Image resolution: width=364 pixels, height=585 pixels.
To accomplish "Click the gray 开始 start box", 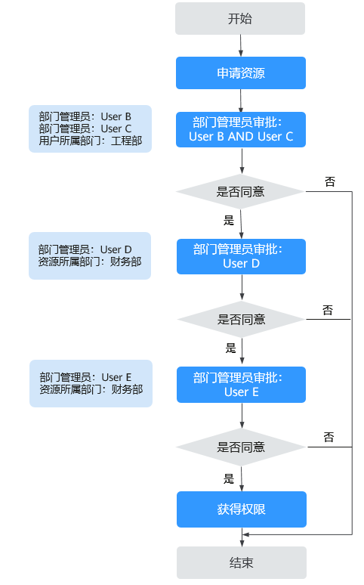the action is point(240,19).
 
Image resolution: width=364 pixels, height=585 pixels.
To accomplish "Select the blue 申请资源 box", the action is point(241,73).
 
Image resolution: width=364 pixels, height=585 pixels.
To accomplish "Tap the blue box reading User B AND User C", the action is point(241,129).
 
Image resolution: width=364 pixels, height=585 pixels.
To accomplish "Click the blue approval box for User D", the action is point(242,257).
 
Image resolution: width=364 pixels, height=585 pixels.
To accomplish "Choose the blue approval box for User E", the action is point(242,385).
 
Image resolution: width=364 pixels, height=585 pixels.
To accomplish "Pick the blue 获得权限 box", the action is point(242,509).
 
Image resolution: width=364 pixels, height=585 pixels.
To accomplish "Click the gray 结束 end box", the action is point(242,562).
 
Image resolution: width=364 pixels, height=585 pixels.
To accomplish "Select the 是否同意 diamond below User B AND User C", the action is point(241,192).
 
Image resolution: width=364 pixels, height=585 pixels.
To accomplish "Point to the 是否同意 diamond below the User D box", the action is point(242,320).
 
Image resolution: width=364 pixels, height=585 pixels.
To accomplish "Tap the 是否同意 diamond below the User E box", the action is point(242,447).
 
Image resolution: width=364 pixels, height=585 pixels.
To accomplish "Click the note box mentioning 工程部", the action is point(91,128).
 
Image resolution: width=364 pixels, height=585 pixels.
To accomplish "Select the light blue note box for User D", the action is point(90,255).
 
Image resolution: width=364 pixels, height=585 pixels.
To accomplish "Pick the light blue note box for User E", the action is point(91,383).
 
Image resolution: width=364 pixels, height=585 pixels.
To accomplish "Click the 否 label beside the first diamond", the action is point(330,181).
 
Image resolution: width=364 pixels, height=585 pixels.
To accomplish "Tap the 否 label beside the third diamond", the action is point(329,437).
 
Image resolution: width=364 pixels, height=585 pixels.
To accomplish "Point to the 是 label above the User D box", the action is point(229,220).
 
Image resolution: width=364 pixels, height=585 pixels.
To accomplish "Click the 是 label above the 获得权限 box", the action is point(229,478).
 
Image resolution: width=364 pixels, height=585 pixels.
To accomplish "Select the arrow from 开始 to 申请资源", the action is point(241,46).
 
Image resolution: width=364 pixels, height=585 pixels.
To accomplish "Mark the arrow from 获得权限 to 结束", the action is point(242,537).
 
